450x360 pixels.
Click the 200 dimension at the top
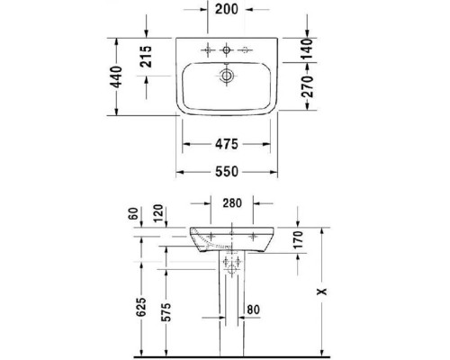pyautogui.click(x=226, y=12)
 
